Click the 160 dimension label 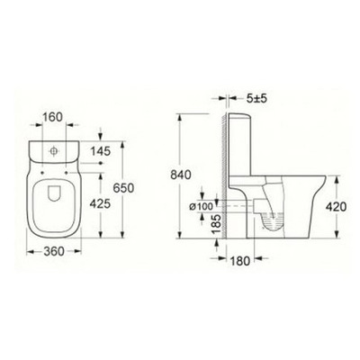[x=52, y=117]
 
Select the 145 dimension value [x=101, y=151]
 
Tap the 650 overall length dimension [x=123, y=188]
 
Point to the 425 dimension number [x=101, y=204]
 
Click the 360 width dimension [x=54, y=251]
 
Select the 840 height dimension [x=181, y=175]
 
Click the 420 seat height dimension [x=337, y=206]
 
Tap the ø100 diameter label [x=201, y=206]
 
